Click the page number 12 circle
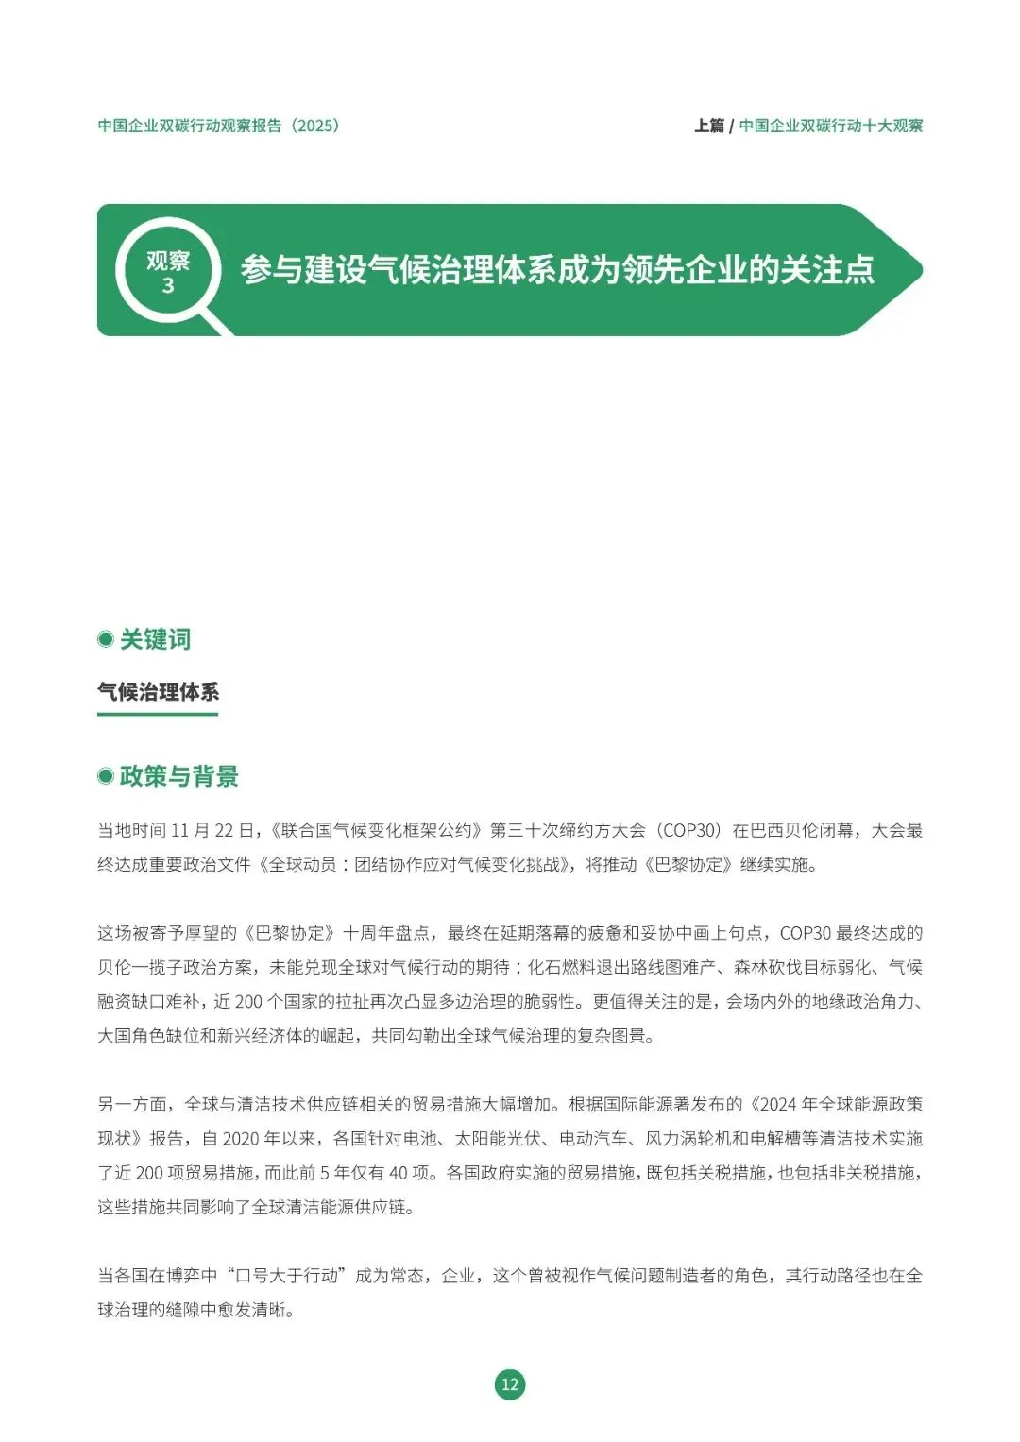tap(510, 1384)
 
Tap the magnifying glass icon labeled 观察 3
tap(168, 272)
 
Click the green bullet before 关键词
tap(106, 639)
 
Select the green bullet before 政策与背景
tap(106, 776)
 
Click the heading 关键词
tap(156, 639)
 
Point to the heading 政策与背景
tap(179, 776)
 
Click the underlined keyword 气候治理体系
tap(158, 692)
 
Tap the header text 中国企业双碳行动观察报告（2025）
tap(218, 126)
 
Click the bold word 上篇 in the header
tap(709, 126)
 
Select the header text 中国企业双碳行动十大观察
tap(831, 126)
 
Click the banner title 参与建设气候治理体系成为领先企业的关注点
tap(557, 270)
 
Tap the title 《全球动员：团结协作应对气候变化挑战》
tap(416, 864)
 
